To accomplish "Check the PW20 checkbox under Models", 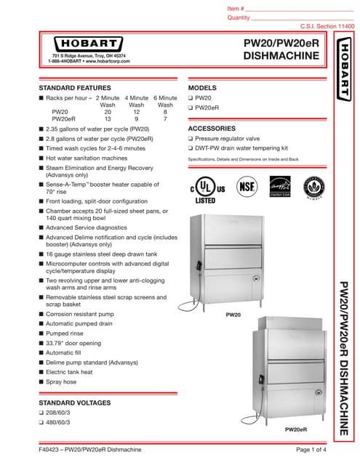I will (191, 97).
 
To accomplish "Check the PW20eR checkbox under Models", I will (191, 108).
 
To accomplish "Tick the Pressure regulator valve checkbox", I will (191, 137).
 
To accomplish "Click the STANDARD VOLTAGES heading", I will (75, 402).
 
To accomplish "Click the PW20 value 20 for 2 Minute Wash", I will (108, 112).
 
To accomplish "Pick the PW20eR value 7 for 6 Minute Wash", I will (165, 119).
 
